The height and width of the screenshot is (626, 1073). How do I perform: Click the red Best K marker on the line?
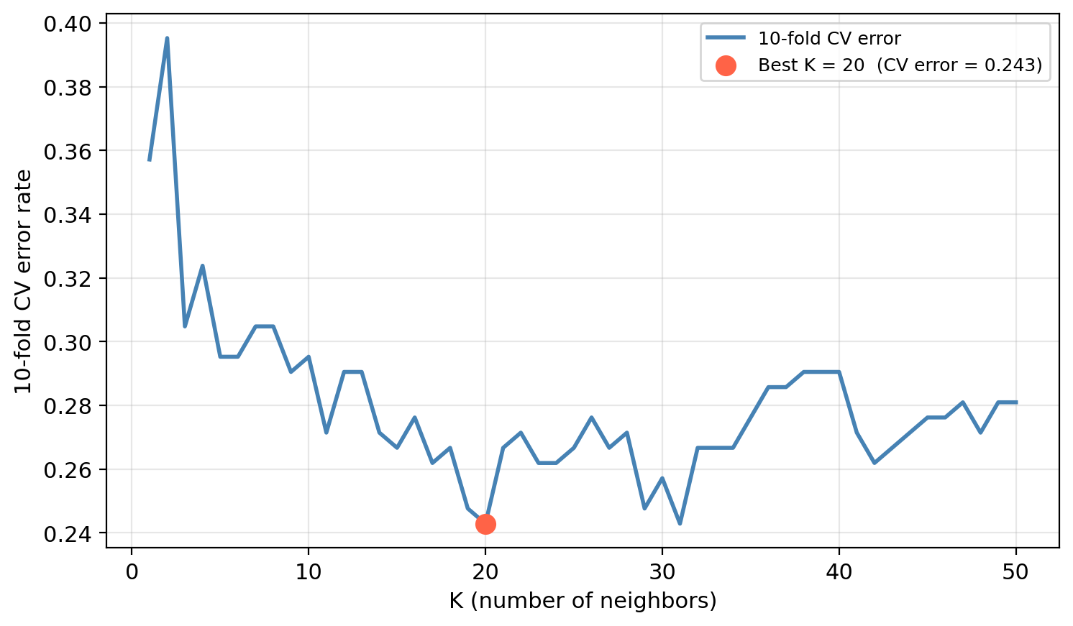(x=485, y=524)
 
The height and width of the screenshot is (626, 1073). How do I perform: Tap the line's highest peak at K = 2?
(x=167, y=38)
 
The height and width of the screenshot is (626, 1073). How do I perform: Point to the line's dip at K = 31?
(x=680, y=523)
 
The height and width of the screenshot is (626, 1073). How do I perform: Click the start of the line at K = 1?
(x=150, y=160)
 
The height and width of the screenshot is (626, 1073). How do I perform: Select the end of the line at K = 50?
(x=1016, y=402)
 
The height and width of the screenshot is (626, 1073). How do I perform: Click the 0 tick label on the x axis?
(x=132, y=573)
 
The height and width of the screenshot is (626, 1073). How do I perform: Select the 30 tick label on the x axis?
(x=662, y=573)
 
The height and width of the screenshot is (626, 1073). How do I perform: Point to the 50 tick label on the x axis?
(x=1016, y=573)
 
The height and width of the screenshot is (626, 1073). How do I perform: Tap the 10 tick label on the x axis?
(x=309, y=573)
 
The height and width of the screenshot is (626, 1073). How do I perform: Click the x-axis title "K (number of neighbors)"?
(x=583, y=601)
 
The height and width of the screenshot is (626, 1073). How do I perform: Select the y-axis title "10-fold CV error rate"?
(x=24, y=281)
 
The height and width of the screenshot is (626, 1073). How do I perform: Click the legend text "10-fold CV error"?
(x=829, y=39)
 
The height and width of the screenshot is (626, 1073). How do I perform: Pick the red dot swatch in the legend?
(x=726, y=65)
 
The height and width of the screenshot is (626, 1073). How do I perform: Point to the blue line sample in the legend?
(x=726, y=38)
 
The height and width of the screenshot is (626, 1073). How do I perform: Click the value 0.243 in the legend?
(x=1010, y=65)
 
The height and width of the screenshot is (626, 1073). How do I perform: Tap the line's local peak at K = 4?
(x=202, y=266)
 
